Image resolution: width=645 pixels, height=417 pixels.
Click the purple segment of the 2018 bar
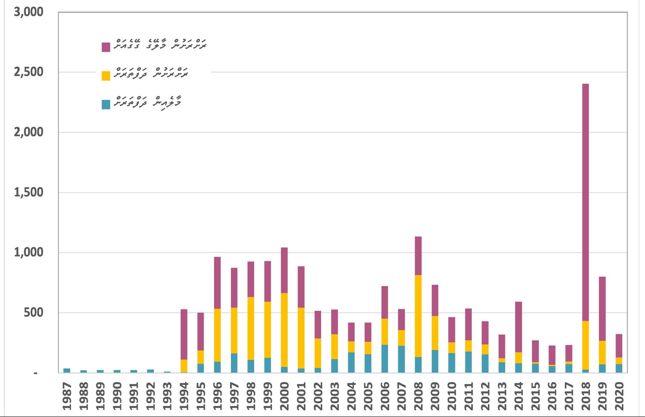click(585, 202)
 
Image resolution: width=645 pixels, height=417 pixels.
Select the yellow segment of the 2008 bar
click(418, 316)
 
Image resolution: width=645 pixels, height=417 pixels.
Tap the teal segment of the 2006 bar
click(384, 358)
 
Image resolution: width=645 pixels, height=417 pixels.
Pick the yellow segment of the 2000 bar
click(284, 330)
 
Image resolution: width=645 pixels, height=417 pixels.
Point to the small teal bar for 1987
click(67, 370)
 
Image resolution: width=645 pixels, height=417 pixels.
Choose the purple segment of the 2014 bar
click(519, 327)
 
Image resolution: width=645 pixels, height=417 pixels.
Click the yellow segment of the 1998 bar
click(251, 328)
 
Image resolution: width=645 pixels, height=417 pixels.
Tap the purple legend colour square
click(106, 47)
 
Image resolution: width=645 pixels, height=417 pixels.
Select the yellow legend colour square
click(106, 76)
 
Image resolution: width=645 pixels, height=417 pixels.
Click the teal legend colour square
click(106, 104)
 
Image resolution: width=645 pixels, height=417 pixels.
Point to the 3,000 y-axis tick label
click(29, 12)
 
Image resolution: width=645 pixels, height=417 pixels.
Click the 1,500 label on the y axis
click(29, 192)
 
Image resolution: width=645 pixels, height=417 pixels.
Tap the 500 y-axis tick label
click(34, 312)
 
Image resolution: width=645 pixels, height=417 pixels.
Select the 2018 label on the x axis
click(586, 396)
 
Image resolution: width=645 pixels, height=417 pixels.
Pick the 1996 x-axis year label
click(218, 396)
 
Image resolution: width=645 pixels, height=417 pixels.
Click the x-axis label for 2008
click(418, 396)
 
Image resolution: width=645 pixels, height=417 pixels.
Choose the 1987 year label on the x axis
click(67, 396)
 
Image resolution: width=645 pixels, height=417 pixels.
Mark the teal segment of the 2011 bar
click(468, 362)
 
